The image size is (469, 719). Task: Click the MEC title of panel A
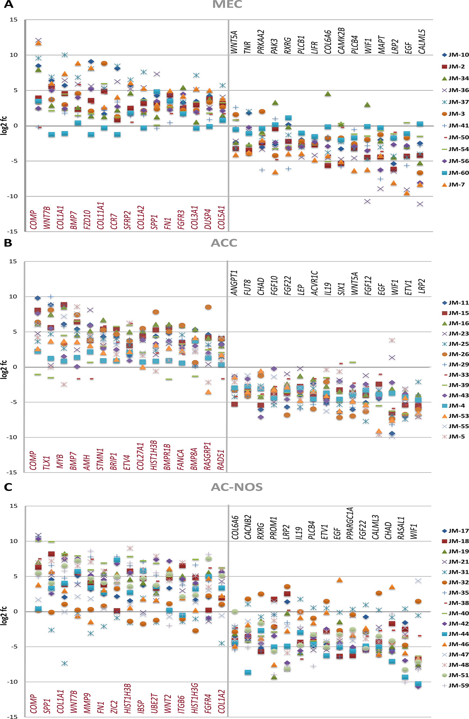tap(227, 4)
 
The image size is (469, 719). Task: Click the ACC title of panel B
tap(224, 243)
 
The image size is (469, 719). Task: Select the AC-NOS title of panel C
tap(237, 487)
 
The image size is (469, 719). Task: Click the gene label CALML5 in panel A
tap(422, 42)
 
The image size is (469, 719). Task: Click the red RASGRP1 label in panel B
tap(207, 456)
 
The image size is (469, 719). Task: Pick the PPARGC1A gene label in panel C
tap(350, 523)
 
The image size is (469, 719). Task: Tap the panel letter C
tap(8, 487)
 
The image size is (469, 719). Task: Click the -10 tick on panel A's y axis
tap(12, 196)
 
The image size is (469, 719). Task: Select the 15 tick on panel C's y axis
tap(13, 506)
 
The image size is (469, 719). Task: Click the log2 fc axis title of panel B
tap(4, 367)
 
